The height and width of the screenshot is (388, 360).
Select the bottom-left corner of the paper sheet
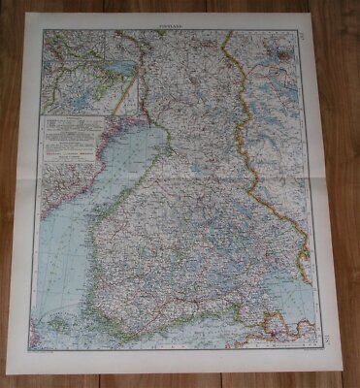tap(32, 362)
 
